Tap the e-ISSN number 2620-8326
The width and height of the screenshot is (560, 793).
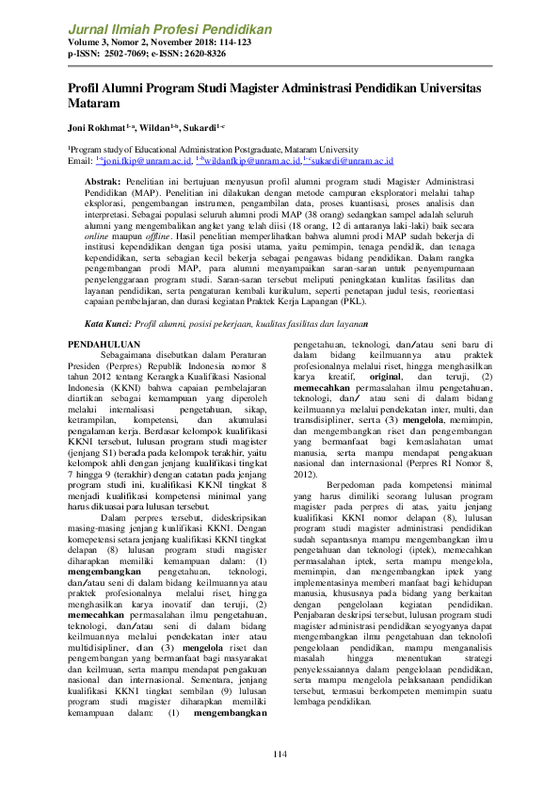[201, 55]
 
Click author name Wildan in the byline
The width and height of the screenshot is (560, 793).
[155, 127]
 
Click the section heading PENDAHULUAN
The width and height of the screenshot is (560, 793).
[104, 345]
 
